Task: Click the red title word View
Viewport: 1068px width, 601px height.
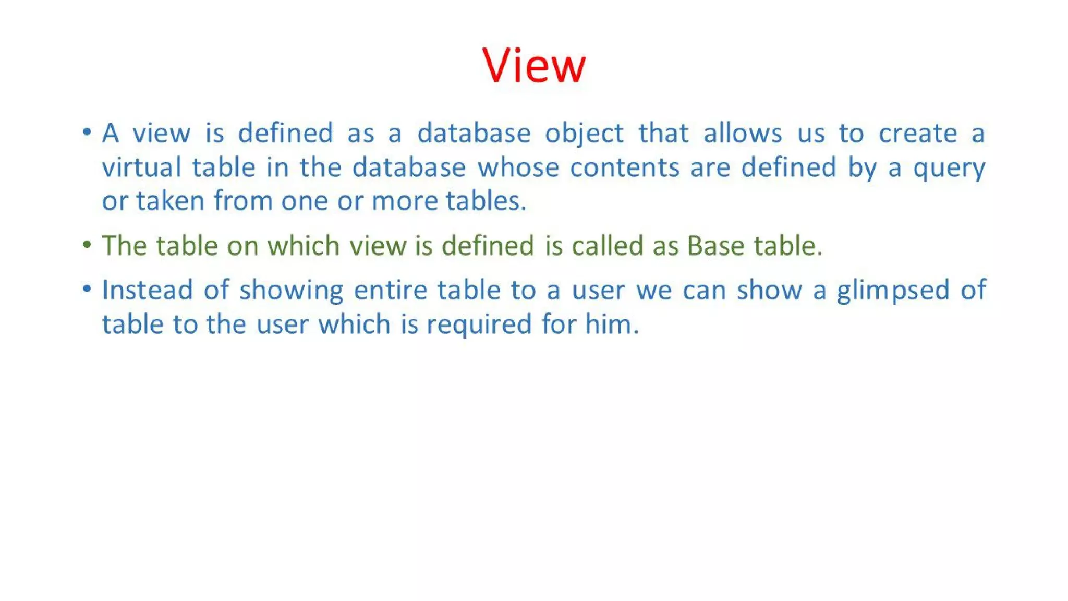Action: point(534,65)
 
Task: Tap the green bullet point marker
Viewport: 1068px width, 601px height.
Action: point(87,244)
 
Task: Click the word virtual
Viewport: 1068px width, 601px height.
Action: point(141,167)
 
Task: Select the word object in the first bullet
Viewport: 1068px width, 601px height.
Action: point(584,134)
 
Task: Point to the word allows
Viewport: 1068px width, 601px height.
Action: point(743,133)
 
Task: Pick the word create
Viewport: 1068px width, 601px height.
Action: point(918,133)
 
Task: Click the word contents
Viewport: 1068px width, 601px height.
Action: point(625,167)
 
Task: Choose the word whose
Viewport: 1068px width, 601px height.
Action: point(518,167)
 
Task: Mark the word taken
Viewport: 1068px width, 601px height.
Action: point(170,201)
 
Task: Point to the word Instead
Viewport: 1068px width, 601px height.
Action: point(147,290)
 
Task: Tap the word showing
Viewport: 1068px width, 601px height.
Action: point(291,291)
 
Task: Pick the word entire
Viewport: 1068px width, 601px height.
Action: point(390,290)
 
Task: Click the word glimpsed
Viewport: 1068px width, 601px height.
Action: point(893,291)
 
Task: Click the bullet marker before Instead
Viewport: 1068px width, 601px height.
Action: point(87,289)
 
